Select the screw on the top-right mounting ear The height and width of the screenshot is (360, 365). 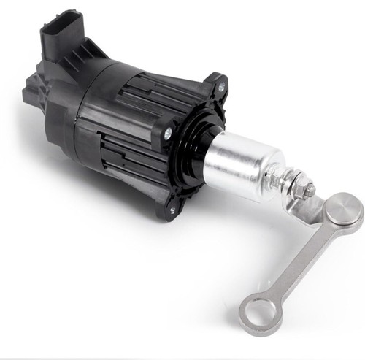coord(220,88)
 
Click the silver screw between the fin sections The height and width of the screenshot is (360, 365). coord(168,134)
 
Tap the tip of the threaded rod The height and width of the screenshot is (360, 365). coord(312,191)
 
